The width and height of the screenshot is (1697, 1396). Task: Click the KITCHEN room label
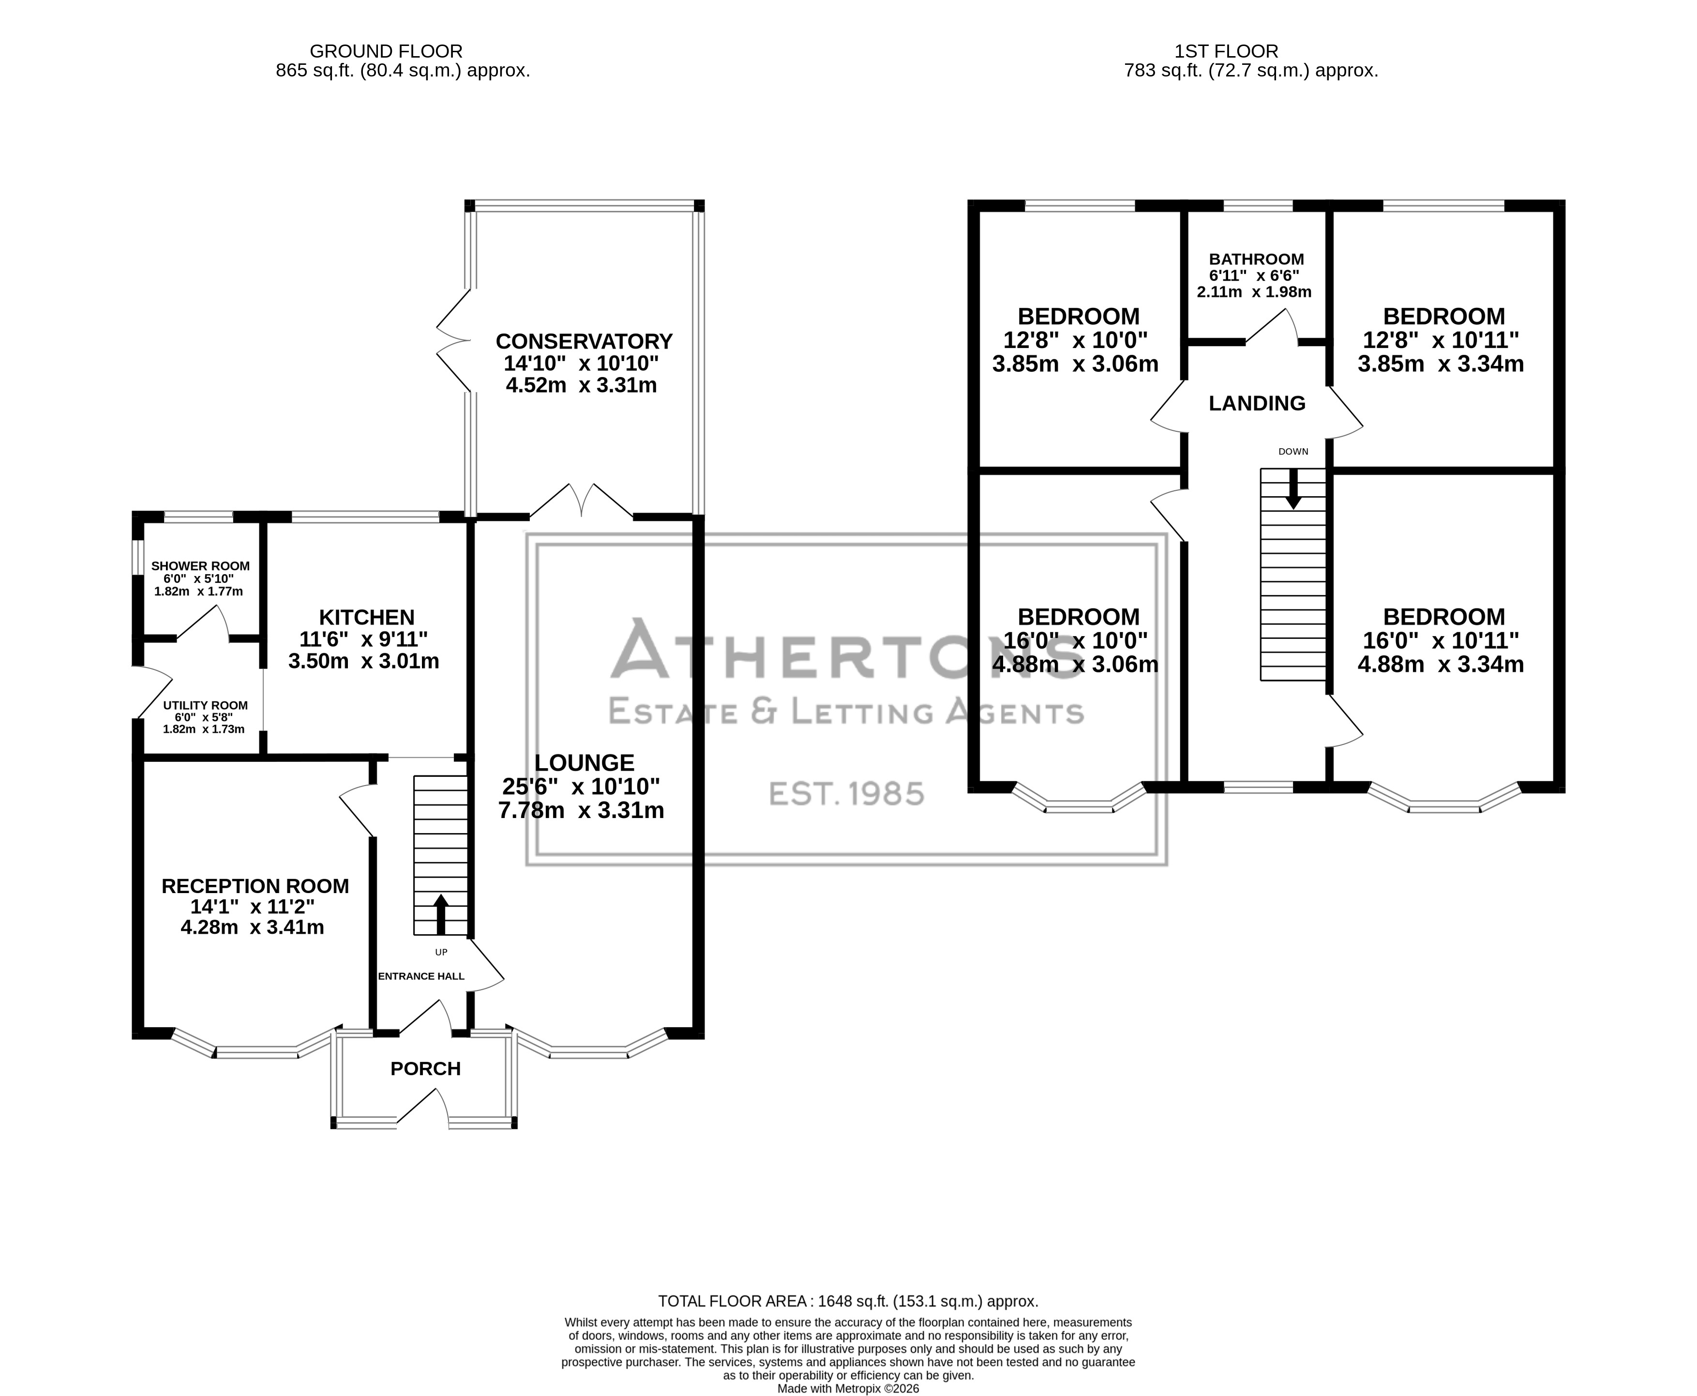(x=367, y=618)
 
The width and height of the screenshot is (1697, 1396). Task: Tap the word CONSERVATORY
(x=584, y=342)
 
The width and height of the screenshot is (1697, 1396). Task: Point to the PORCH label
(x=425, y=1069)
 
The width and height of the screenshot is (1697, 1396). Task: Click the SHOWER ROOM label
(x=200, y=566)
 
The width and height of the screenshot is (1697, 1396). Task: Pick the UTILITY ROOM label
(x=205, y=705)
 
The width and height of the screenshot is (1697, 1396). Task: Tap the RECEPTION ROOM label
(x=255, y=886)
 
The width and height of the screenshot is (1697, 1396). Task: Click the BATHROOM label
(x=1257, y=259)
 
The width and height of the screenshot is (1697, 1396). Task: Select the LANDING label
(x=1257, y=404)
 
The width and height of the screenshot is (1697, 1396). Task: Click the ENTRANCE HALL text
(x=421, y=976)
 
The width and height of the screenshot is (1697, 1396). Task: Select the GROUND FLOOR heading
(x=386, y=51)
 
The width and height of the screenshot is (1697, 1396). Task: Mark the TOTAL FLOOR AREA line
(x=848, y=1301)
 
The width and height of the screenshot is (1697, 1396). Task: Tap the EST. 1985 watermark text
(x=846, y=794)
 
